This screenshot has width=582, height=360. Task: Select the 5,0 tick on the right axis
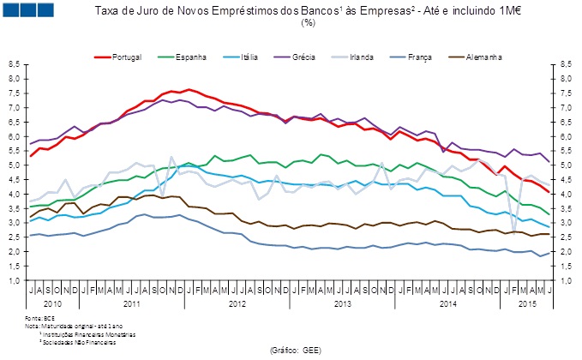pyautogui.click(x=566, y=165)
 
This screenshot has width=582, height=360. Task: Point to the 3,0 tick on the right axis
pyautogui.click(x=566, y=223)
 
